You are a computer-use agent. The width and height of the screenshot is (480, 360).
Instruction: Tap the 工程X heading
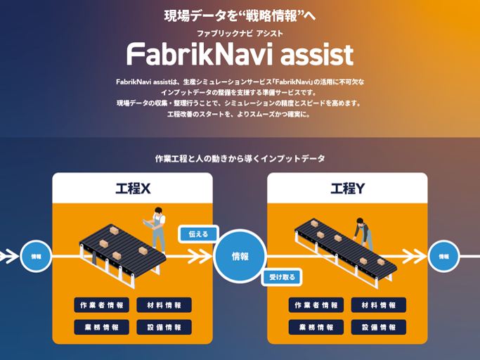[132, 188]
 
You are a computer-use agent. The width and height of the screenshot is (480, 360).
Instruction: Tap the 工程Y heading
[347, 188]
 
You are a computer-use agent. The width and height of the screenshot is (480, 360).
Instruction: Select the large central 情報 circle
[240, 256]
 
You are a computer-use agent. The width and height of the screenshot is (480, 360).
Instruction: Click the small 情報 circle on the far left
[36, 257]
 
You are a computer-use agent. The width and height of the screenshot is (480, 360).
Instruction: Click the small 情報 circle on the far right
[443, 257]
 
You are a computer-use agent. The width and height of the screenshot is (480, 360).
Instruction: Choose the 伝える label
[199, 233]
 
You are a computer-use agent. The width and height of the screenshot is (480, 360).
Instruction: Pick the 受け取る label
[283, 277]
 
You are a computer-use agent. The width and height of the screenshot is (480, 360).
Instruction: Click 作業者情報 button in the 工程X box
[101, 305]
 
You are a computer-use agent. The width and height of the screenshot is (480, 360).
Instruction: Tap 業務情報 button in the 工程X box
[101, 327]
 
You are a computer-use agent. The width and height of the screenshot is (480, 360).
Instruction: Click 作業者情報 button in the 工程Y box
[316, 305]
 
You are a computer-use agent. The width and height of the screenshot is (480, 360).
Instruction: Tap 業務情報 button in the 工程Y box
[316, 327]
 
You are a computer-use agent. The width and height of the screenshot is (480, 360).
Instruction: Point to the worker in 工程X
[158, 231]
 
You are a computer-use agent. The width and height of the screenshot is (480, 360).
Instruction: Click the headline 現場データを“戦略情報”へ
[240, 15]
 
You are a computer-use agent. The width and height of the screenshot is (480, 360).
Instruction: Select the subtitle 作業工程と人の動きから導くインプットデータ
[240, 159]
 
